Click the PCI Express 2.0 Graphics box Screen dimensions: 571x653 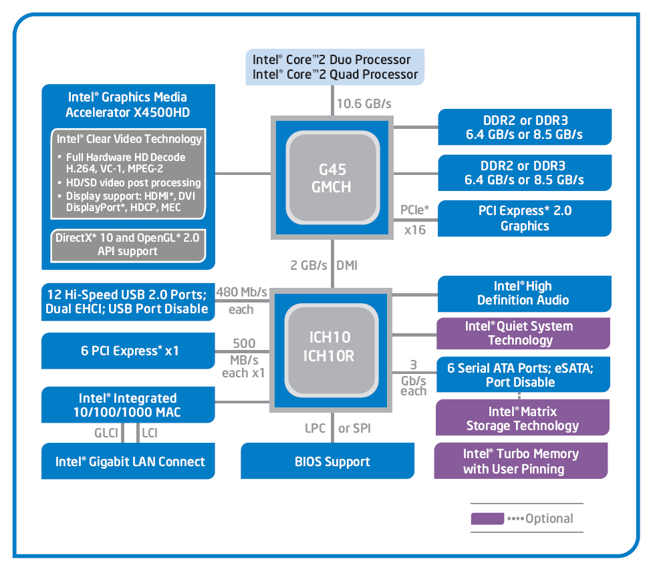[525, 218]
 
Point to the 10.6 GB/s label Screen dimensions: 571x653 [364, 104]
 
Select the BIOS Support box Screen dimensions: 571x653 [332, 461]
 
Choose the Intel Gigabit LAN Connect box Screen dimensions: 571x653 [129, 461]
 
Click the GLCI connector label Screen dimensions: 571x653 [106, 433]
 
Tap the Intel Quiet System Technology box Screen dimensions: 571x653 [523, 333]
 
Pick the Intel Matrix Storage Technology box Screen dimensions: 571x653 [523, 419]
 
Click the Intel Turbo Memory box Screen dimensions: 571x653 [521, 461]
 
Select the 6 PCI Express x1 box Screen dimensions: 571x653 [129, 351]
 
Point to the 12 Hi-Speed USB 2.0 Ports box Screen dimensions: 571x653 [129, 301]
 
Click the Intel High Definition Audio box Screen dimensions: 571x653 [524, 293]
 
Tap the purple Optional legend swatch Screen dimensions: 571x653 [487, 518]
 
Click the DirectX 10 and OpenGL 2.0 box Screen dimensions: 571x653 [127, 244]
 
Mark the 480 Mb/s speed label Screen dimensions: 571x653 [241, 293]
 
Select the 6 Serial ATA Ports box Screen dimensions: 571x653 [524, 375]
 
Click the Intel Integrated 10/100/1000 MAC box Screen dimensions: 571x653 [129, 405]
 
